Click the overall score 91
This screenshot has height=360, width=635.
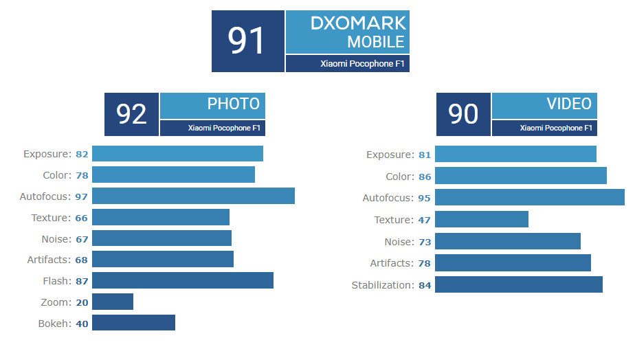point(247,41)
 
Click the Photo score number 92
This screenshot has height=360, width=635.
point(131,114)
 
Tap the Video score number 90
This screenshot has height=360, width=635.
point(463,114)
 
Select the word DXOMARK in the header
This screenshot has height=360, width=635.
point(358,23)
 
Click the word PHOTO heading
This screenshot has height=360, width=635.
point(234,104)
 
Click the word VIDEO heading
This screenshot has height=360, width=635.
point(569,104)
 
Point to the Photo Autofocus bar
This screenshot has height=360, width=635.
point(193,196)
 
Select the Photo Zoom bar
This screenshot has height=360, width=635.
point(113,302)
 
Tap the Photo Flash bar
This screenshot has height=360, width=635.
point(183,281)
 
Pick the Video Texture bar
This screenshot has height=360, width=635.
point(482,220)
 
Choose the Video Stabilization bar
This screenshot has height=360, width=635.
point(519,285)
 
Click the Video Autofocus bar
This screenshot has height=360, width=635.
point(529,199)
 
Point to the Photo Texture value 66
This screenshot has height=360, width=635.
point(82,218)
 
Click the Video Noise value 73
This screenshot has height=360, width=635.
point(425,242)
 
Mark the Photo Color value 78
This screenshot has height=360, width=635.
point(82,176)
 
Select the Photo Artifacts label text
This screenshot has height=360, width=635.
point(49,260)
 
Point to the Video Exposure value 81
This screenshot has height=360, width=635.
point(425,155)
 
